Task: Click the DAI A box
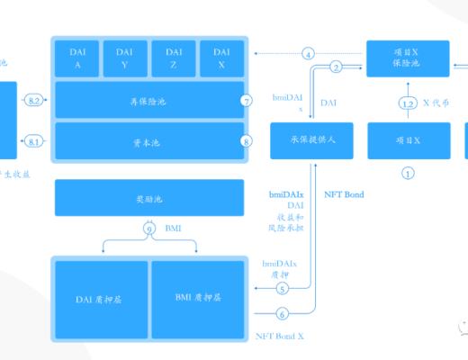[77, 58]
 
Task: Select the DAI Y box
[125, 58]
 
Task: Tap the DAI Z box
[174, 58]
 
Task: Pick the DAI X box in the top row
[221, 58]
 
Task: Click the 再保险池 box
[148, 100]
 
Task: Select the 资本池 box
[148, 140]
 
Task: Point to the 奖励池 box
[148, 197]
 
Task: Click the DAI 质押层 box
[101, 297]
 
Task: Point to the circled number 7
[247, 101]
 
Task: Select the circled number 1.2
[408, 104]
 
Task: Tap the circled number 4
[309, 54]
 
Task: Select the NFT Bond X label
[280, 335]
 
